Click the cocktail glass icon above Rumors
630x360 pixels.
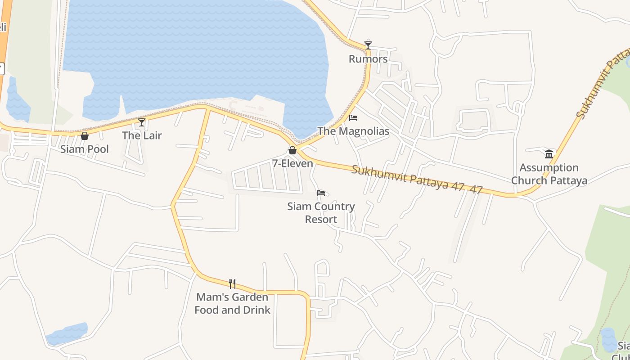point(368,45)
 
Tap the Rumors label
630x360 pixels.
point(368,59)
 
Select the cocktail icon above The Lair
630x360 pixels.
point(142,122)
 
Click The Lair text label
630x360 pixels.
point(142,135)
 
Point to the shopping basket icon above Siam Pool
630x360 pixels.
point(85,136)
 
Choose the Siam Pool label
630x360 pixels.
point(85,149)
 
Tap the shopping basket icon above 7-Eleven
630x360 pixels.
point(292,150)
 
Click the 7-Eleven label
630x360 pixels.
point(292,164)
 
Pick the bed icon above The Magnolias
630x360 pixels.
point(353,118)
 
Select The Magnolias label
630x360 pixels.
point(353,131)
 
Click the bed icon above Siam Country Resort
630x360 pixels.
point(321,193)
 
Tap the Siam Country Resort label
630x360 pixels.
point(321,213)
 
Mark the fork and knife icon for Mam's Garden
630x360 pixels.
point(232,283)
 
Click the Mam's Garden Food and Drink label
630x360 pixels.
point(232,303)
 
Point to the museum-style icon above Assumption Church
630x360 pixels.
point(549,154)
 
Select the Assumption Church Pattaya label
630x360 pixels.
point(549,174)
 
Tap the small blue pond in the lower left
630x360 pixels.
point(67,333)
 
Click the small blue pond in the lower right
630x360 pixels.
point(608,340)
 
